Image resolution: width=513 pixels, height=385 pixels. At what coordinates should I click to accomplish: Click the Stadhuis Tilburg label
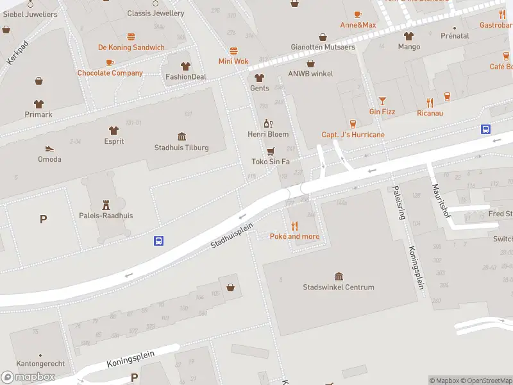tap(181, 148)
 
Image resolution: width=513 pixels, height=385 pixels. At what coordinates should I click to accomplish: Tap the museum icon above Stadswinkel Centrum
tap(339, 276)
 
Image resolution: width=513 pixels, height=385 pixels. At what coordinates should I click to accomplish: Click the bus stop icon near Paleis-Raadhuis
tap(158, 241)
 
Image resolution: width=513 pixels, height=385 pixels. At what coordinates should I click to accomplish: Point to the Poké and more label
tap(294, 237)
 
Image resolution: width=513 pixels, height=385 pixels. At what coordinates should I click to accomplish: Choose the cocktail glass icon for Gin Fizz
tap(382, 101)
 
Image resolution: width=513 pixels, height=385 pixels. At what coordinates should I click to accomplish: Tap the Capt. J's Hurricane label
tap(353, 135)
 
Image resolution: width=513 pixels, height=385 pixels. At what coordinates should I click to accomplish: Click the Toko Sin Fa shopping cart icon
tap(271, 151)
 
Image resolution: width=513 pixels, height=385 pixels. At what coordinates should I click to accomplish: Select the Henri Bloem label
tap(268, 134)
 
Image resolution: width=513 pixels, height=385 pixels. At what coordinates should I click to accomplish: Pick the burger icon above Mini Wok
tap(233, 51)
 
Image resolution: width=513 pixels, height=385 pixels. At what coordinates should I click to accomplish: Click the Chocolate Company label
tap(110, 73)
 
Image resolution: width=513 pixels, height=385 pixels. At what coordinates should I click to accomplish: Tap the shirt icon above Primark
tap(39, 103)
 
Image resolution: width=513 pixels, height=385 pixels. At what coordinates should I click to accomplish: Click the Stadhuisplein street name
tap(232, 235)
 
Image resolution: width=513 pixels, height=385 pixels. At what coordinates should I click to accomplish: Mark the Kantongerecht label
tap(40, 364)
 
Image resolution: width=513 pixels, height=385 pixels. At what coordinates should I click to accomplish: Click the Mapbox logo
tap(28, 377)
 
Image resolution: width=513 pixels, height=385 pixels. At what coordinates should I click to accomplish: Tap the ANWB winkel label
tap(310, 74)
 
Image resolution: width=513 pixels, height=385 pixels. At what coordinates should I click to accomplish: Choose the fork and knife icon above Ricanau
tap(430, 102)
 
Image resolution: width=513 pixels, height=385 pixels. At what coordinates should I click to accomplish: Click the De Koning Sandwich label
tap(131, 47)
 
